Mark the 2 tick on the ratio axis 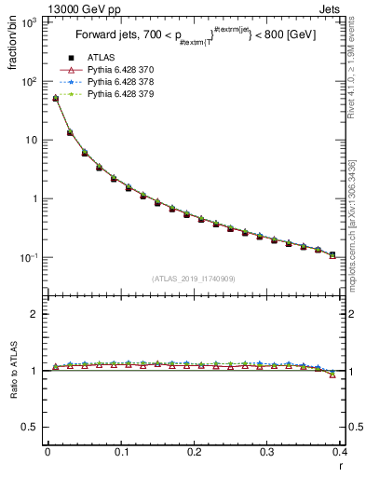point(34,314)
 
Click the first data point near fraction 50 point(55,98)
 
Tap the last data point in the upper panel point(332,254)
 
